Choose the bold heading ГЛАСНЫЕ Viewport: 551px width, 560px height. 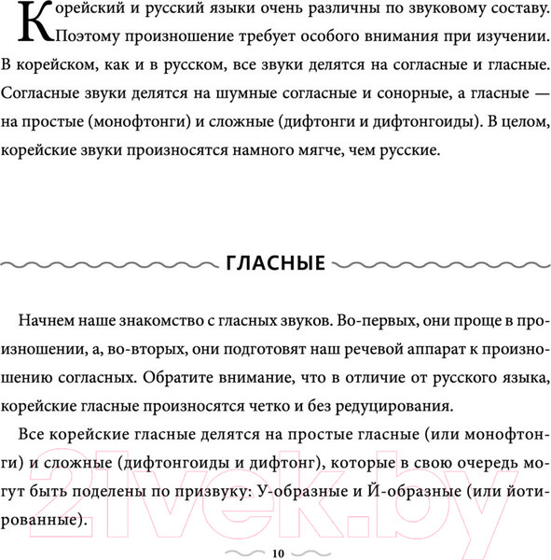[x=275, y=264]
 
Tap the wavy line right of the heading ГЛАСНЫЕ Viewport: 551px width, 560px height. [x=439, y=264]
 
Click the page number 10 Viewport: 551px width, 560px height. [x=277, y=552]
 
